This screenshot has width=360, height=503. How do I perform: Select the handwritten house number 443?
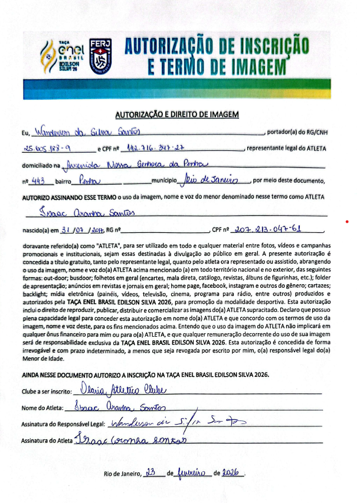tap(38, 181)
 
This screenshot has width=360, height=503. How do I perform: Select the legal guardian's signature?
tap(174, 422)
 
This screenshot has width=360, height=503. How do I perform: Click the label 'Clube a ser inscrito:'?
tap(47, 391)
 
